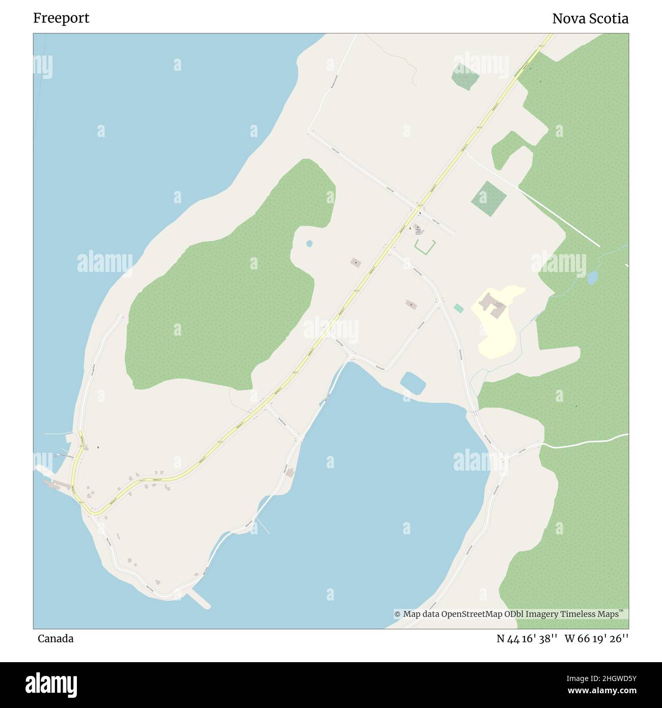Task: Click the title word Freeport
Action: tap(61, 18)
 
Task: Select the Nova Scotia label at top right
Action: tap(590, 19)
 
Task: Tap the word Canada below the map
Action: tap(56, 639)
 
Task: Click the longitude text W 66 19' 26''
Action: tap(596, 639)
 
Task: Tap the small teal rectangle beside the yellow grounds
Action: tap(459, 308)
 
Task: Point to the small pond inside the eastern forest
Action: tap(592, 278)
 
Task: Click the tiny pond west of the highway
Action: tap(309, 243)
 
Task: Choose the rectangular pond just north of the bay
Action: tap(413, 383)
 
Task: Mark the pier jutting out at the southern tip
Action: tap(199, 600)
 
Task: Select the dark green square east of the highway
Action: tap(488, 198)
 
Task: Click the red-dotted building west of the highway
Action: tap(355, 263)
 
